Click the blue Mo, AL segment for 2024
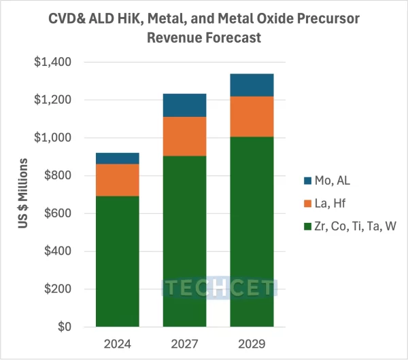[x=118, y=158]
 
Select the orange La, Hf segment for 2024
[x=118, y=180]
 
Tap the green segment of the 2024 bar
[x=118, y=262]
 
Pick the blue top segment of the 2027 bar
[x=184, y=105]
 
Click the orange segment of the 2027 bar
[x=184, y=137]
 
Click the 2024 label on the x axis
[x=118, y=344]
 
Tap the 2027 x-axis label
[x=184, y=344]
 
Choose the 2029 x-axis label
[x=251, y=344]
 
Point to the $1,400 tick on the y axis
[x=55, y=62]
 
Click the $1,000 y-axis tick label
[x=55, y=138]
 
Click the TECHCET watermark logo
[x=219, y=288]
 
